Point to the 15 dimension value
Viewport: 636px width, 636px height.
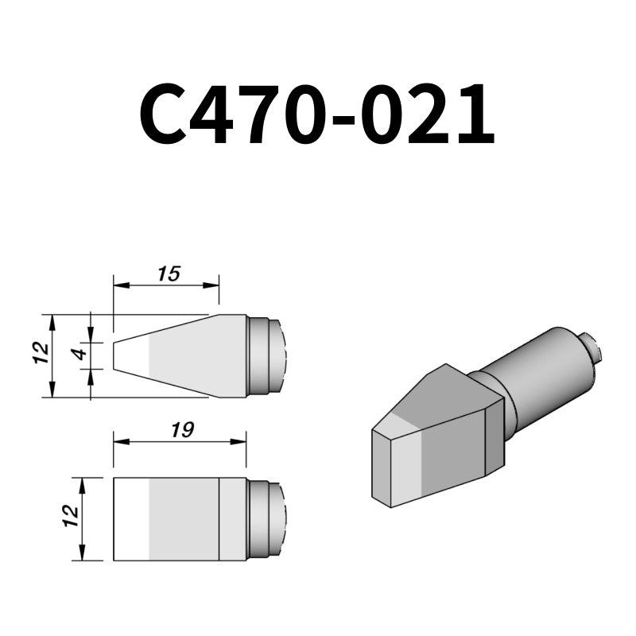[x=169, y=274]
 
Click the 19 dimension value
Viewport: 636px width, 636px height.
[x=182, y=430]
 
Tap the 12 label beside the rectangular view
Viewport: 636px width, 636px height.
[x=72, y=517]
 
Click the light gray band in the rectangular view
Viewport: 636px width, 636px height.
[x=183, y=518]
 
